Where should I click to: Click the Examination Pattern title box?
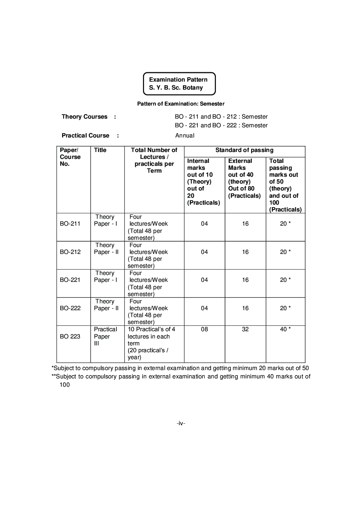point(179,84)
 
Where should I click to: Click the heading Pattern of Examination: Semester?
point(181,104)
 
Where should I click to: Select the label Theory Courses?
point(85,117)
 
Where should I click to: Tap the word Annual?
point(185,136)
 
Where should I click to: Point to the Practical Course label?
point(85,136)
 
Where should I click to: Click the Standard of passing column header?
point(244,150)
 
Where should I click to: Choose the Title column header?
point(100,150)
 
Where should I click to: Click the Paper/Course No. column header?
point(70,157)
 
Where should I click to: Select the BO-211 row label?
point(70,224)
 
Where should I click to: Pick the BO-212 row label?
point(70,252)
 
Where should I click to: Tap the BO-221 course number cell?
point(70,280)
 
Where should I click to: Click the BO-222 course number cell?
point(70,308)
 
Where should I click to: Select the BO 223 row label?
point(70,337)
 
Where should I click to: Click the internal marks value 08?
point(204,329)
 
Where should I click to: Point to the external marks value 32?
point(245,329)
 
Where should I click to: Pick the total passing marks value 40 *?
point(285,329)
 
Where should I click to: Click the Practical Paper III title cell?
point(105,336)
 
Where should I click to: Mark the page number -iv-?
point(181,423)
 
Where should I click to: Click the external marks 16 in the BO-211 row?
point(245,224)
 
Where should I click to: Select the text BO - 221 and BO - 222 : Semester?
point(221,126)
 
